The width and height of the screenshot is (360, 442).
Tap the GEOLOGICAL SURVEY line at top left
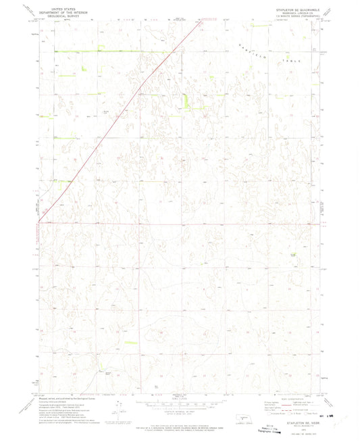click(59, 13)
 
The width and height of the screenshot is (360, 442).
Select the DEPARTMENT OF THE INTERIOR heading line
click(59, 9)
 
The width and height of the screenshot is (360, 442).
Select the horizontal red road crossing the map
click(203, 223)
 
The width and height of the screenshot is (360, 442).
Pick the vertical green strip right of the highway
click(186, 99)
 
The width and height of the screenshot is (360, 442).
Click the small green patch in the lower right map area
click(292, 254)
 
